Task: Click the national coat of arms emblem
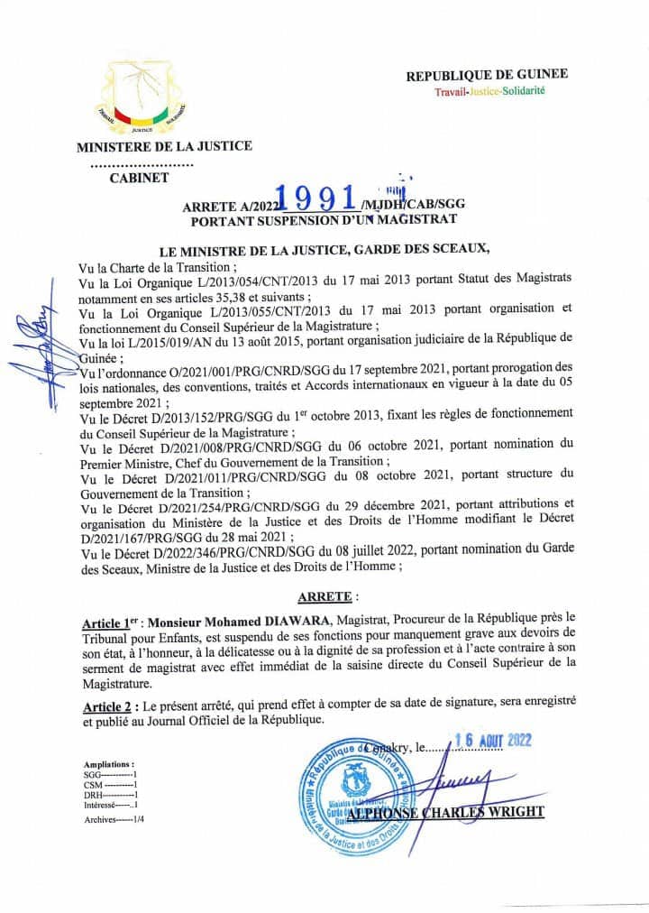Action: pyautogui.click(x=144, y=98)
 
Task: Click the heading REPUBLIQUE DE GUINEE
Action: pyautogui.click(x=487, y=75)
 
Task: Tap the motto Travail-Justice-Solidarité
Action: pyautogui.click(x=489, y=91)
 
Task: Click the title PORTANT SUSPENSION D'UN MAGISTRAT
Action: pyautogui.click(x=324, y=218)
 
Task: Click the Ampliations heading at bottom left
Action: pyautogui.click(x=108, y=763)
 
